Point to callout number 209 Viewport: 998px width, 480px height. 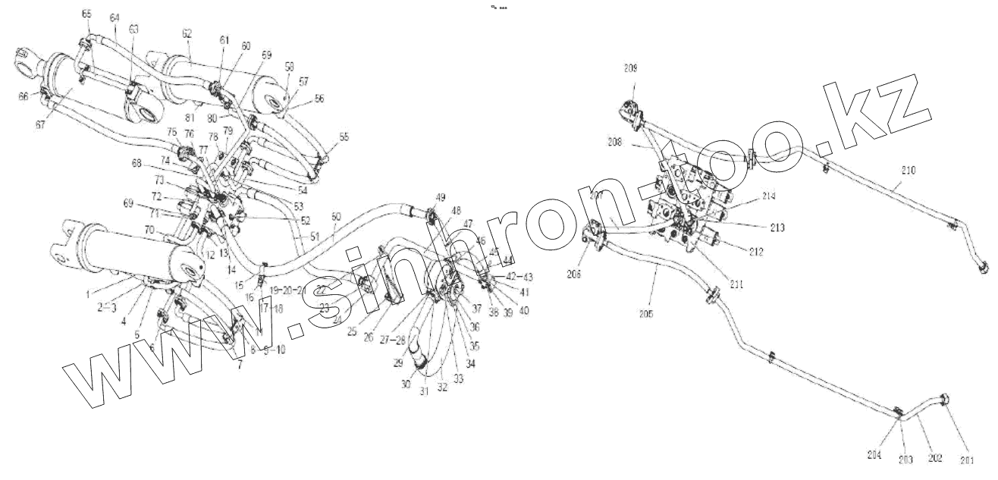point(630,67)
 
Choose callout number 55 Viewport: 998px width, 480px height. point(344,136)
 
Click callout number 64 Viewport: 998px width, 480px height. point(114,17)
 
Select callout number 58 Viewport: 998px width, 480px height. point(290,67)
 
